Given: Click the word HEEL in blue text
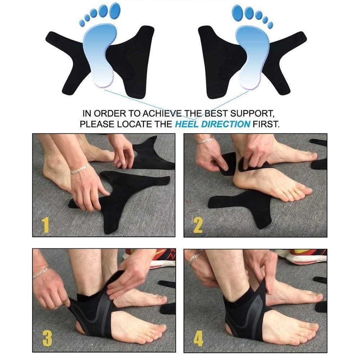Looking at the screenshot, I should coord(187,125).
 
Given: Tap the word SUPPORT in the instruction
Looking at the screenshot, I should coord(251,113).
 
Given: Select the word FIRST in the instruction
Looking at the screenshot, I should coord(266,125).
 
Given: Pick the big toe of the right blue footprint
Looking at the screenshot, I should coord(238,11).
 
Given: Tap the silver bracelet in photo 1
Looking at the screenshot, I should coord(80,168).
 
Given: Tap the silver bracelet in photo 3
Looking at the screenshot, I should coord(40,272).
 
